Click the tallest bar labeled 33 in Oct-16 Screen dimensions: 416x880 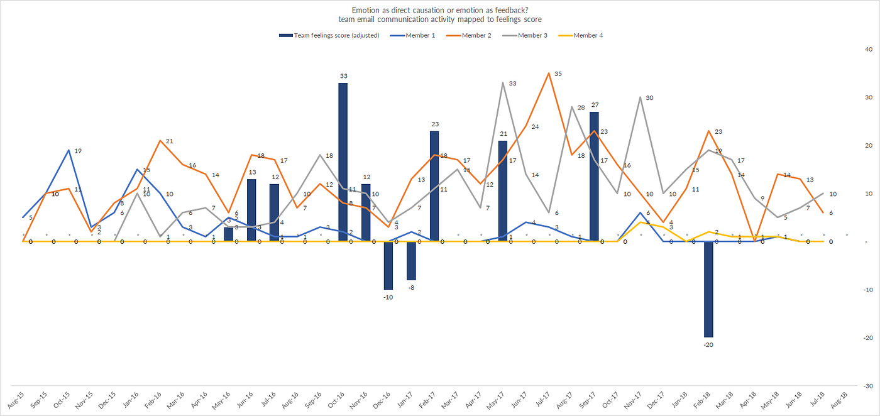[343, 162]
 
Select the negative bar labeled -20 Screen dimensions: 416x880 [708, 289]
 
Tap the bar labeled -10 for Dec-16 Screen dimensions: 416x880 [388, 265]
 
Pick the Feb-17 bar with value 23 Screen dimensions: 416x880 [434, 186]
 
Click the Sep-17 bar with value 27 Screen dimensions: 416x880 [594, 177]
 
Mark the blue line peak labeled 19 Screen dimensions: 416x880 [69, 150]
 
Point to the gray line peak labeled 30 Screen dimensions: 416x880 [640, 97]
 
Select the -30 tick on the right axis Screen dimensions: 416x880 [866, 385]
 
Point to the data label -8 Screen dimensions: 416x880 [411, 287]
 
